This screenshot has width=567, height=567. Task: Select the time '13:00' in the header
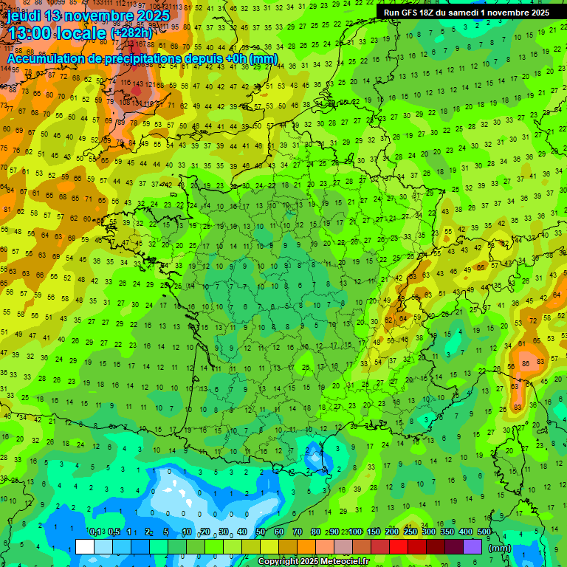pyautogui.click(x=29, y=33)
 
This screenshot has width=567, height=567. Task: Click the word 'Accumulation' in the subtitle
pyautogui.click(x=47, y=58)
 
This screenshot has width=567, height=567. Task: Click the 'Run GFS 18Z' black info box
pyautogui.click(x=466, y=13)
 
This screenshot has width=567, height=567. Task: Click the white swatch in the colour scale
pyautogui.click(x=85, y=546)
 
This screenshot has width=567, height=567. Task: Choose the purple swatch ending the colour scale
pyautogui.click(x=472, y=546)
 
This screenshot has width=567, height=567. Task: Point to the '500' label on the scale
pyautogui.click(x=484, y=532)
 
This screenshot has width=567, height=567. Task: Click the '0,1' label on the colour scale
pyautogui.click(x=94, y=532)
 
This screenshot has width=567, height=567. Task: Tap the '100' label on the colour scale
pyautogui.click(x=355, y=532)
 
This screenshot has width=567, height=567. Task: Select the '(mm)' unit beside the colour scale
pyautogui.click(x=500, y=548)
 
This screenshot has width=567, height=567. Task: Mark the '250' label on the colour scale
pyautogui.click(x=410, y=532)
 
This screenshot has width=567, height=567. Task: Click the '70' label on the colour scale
pyautogui.click(x=298, y=532)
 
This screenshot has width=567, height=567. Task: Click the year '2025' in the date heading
pyautogui.click(x=152, y=16)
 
